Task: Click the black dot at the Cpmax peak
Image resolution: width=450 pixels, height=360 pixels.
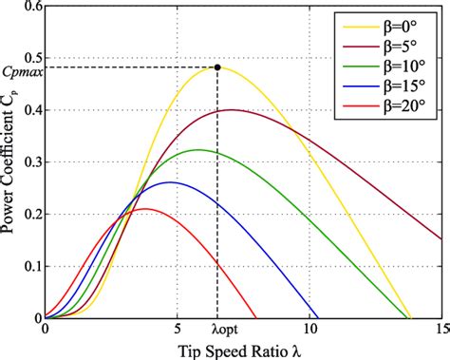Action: pyautogui.click(x=218, y=67)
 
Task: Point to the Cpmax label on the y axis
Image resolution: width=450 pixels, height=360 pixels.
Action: pyautogui.click(x=20, y=68)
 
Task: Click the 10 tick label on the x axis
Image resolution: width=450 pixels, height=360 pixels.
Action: pyautogui.click(x=309, y=332)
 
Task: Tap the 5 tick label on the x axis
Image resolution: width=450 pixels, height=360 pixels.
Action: pyautogui.click(x=178, y=332)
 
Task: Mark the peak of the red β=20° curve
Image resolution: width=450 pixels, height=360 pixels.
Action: pyautogui.click(x=144, y=209)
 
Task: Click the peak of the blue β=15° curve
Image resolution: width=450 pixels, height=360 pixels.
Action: pyautogui.click(x=171, y=182)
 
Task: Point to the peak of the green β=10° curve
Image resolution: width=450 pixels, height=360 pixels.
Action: pyautogui.click(x=197, y=150)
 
